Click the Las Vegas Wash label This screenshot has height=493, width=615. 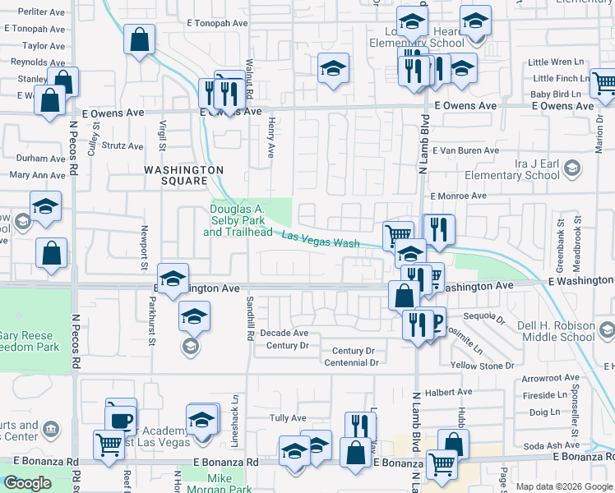(x=321, y=241)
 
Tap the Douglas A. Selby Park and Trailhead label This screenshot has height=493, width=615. (x=238, y=221)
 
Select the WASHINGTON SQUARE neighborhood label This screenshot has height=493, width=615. (x=183, y=175)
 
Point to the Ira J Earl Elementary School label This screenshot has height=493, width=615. (x=511, y=169)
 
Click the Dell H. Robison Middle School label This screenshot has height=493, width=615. (x=556, y=331)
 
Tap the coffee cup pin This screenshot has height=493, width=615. (x=121, y=419)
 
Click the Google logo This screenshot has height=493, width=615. (x=27, y=482)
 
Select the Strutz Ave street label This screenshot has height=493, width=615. (x=122, y=145)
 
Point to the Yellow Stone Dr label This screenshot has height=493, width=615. (x=482, y=365)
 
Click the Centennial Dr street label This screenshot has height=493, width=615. (x=351, y=362)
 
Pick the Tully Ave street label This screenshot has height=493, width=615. (x=288, y=418)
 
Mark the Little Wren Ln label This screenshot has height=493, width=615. (x=555, y=62)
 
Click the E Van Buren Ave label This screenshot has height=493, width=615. (x=465, y=150)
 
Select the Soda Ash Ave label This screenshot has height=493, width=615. (x=548, y=446)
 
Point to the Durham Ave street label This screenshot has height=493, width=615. (x=41, y=159)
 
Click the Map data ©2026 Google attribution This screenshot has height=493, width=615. (x=564, y=486)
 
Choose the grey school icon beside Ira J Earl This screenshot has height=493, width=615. (x=571, y=170)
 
